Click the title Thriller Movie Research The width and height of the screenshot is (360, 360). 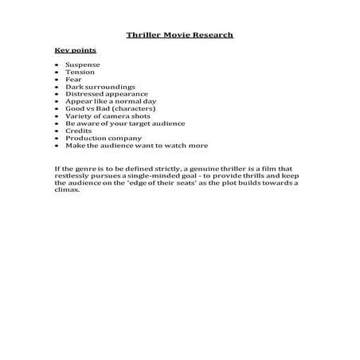(x=180, y=35)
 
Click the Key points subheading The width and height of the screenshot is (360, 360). (x=69, y=50)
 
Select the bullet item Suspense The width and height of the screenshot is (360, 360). (x=83, y=64)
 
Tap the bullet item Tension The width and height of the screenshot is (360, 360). (x=80, y=72)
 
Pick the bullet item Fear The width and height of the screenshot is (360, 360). (x=74, y=79)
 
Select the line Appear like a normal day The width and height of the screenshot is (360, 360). (x=108, y=101)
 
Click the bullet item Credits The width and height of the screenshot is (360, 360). (x=79, y=131)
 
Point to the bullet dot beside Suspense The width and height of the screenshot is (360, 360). (x=57, y=64)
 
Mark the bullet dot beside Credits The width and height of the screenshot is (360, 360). (x=57, y=131)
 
